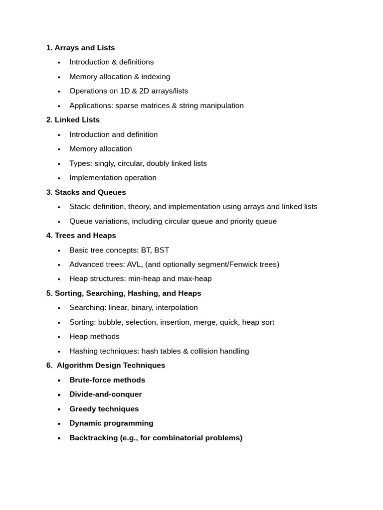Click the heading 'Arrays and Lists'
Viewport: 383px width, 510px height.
click(84, 48)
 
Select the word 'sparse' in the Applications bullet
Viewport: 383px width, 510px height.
click(127, 106)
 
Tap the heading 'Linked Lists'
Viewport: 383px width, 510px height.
click(77, 120)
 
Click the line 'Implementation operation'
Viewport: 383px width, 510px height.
click(113, 178)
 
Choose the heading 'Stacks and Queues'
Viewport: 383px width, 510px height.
click(90, 192)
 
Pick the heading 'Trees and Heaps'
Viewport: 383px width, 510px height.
click(85, 236)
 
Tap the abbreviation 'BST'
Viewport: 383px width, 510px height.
click(162, 250)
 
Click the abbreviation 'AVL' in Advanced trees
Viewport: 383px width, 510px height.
click(134, 264)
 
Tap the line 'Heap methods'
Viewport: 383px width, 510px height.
click(94, 337)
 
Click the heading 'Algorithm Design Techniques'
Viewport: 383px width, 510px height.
click(111, 366)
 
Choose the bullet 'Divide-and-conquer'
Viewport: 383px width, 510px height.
click(105, 394)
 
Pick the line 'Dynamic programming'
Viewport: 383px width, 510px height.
click(111, 423)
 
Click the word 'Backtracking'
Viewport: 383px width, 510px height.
click(93, 438)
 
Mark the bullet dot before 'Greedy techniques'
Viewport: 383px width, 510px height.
click(59, 409)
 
